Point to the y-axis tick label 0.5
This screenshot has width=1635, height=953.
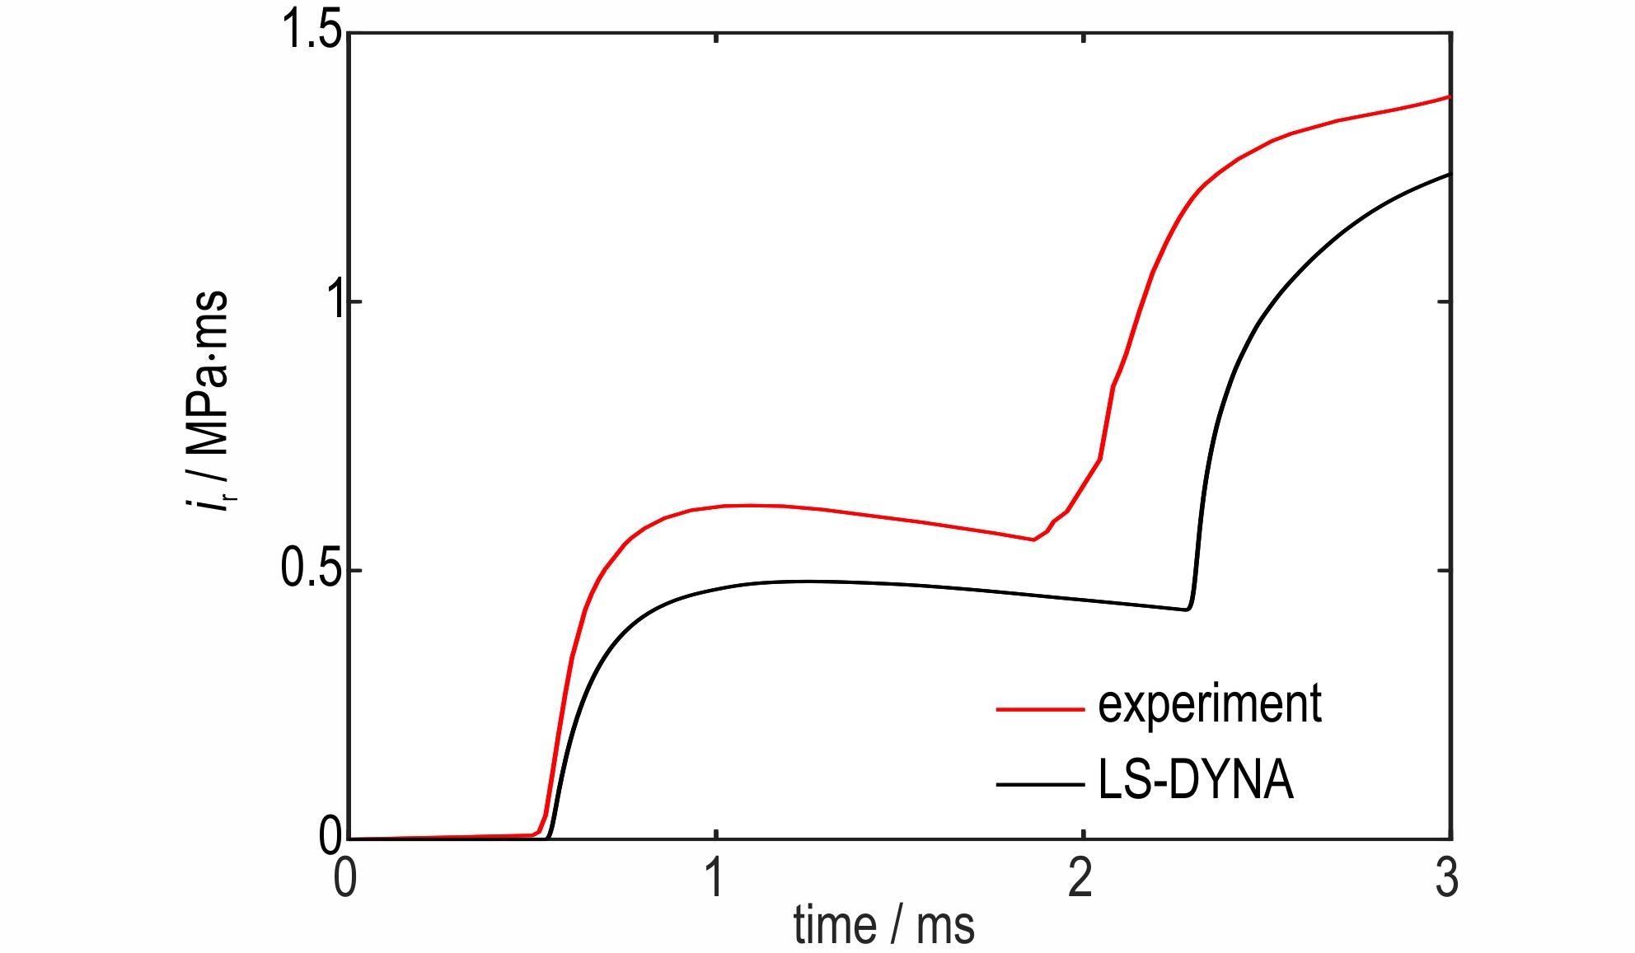(306, 572)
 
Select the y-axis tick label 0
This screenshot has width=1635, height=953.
(330, 837)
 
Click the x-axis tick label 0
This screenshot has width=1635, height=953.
(347, 880)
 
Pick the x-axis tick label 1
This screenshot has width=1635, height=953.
(714, 880)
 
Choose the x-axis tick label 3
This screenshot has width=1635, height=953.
(1447, 880)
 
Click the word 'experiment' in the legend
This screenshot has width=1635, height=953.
(1209, 704)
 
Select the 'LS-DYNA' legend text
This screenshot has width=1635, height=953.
(1196, 782)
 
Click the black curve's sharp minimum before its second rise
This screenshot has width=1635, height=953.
(1188, 610)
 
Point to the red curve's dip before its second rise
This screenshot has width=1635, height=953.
(1033, 540)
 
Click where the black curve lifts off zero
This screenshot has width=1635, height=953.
(549, 837)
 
